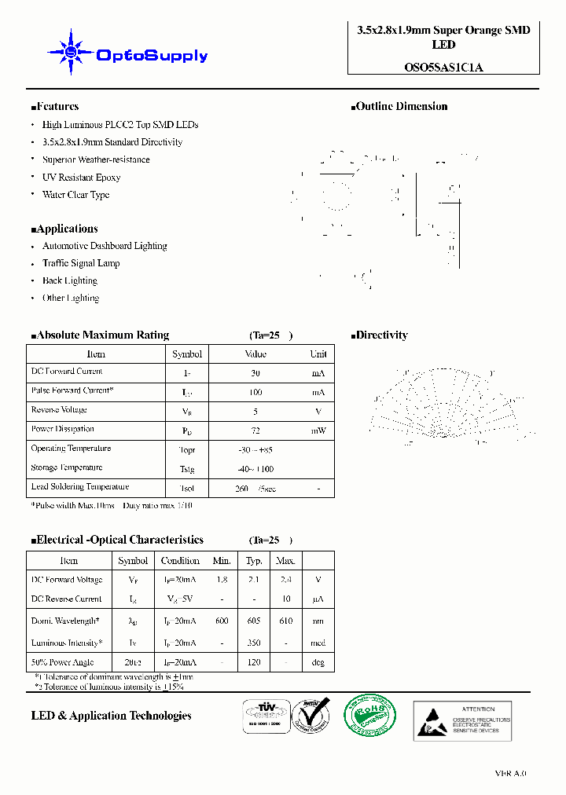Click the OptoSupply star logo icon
pyautogui.click(x=71, y=53)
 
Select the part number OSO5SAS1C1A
pyautogui.click(x=443, y=67)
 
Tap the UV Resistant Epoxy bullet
pyautogui.click(x=81, y=178)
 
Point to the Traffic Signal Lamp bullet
pyautogui.click(x=81, y=263)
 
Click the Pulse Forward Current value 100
pyautogui.click(x=255, y=392)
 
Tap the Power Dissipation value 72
pyautogui.click(x=255, y=430)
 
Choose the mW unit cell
pyautogui.click(x=318, y=430)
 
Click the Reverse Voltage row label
pyautogui.click(x=59, y=410)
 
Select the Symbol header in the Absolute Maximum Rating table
pyautogui.click(x=187, y=354)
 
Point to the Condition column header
pyautogui.click(x=180, y=561)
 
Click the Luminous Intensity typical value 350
pyautogui.click(x=253, y=643)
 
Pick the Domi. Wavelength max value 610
pyautogui.click(x=285, y=621)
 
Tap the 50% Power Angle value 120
pyautogui.click(x=253, y=663)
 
